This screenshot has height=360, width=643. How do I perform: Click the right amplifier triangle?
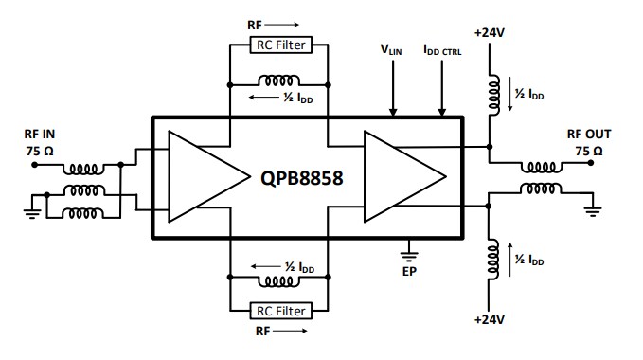402,176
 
